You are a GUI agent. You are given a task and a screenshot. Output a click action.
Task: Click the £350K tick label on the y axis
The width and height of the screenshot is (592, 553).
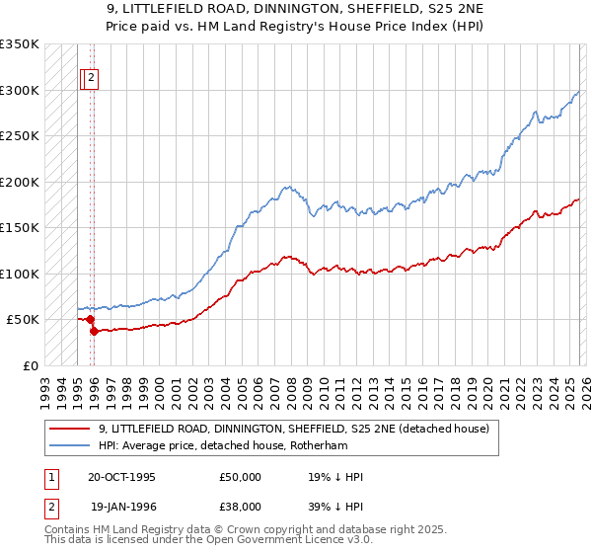click(x=20, y=44)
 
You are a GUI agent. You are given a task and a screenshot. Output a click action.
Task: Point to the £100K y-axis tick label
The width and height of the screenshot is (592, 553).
click(x=20, y=274)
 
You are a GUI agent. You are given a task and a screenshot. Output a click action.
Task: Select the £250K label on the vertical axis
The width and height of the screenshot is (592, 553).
click(x=20, y=136)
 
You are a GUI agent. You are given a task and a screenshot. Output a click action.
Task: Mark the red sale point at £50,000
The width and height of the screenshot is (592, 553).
click(x=90, y=320)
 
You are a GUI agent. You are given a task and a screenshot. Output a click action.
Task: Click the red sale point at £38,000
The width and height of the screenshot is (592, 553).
click(x=94, y=331)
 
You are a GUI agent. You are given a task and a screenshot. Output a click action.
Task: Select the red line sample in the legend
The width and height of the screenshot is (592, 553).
click(x=69, y=429)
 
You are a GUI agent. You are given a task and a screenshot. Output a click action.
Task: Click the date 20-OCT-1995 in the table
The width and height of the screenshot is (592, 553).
click(x=121, y=477)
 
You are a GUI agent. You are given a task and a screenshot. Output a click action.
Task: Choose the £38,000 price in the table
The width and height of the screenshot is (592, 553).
click(x=240, y=506)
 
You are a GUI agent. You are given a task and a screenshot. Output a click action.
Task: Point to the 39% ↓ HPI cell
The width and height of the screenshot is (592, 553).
click(x=335, y=506)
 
